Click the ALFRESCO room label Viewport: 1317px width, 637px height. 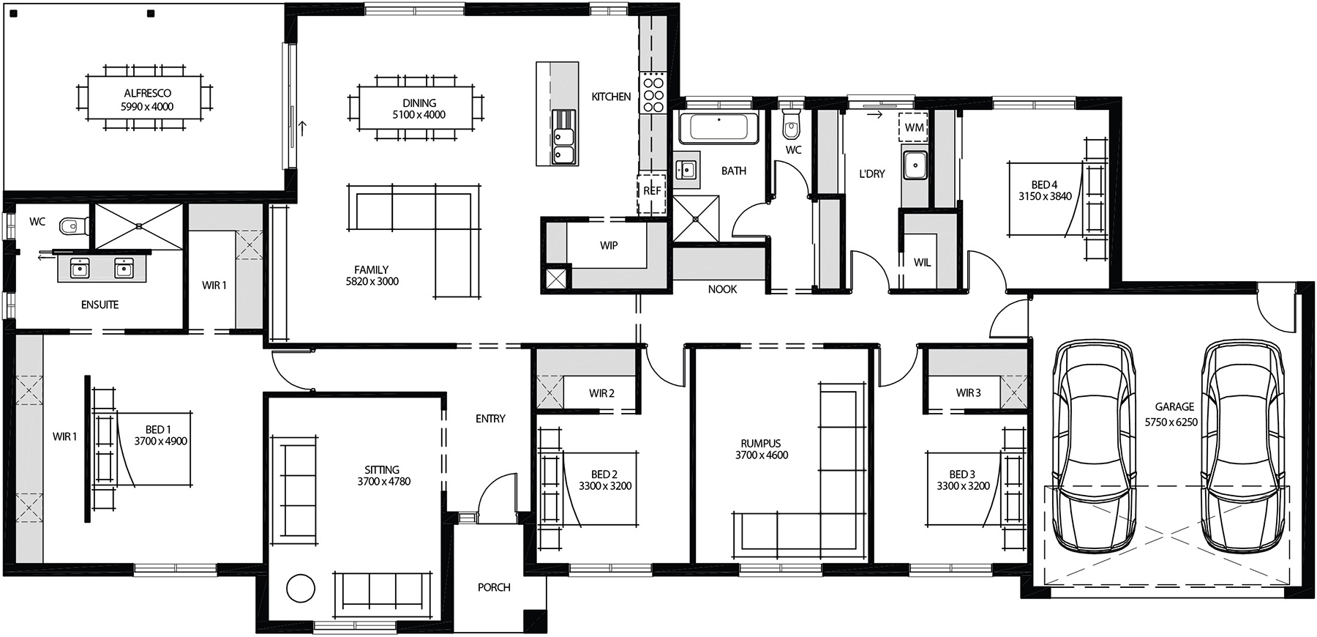147,94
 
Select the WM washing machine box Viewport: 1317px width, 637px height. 914,127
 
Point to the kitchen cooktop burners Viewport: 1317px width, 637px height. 653,94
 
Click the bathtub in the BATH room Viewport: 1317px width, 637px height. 718,129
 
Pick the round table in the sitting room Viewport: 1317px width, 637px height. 300,588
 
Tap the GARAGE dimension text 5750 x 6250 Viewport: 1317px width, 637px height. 1171,422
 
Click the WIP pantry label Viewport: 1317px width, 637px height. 609,246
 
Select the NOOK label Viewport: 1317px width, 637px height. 722,290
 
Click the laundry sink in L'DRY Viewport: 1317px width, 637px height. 914,165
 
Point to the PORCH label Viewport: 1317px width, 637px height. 494,587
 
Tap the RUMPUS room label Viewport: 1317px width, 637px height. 761,444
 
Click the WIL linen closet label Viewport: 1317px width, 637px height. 922,262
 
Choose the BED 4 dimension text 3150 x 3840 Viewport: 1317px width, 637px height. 1045,196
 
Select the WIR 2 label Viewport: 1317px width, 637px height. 601,394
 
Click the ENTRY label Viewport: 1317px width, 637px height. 490,419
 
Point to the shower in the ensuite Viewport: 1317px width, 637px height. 138,227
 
